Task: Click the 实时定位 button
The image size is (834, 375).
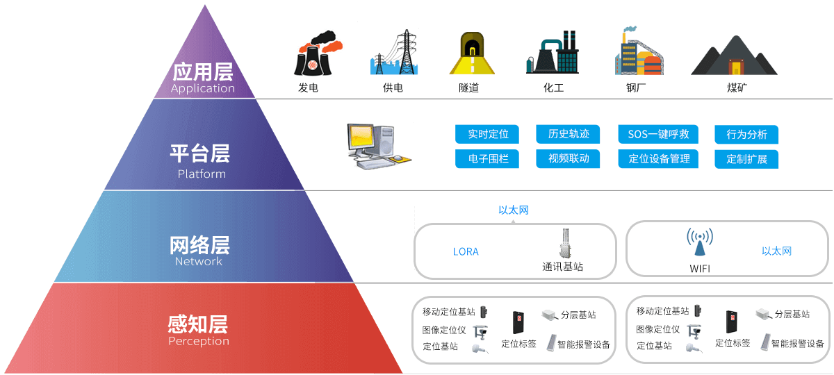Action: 488,134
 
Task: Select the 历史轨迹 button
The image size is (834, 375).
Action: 569,134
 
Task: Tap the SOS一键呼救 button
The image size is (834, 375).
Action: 658,134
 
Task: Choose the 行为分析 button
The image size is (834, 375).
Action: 746,134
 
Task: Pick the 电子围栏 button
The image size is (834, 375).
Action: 488,158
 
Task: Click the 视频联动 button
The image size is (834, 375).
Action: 569,158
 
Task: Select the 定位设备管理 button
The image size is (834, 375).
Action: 658,158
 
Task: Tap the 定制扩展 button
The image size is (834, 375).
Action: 746,158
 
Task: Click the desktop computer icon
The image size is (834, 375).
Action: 379,146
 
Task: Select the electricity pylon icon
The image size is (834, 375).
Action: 394,51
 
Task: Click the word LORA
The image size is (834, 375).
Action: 466,251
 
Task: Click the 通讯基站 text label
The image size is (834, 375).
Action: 562,267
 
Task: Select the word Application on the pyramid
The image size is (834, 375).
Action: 202,88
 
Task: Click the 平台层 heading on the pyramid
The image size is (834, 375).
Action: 199,153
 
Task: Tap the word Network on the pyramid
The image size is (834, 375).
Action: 199,261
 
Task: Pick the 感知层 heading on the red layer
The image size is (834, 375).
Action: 198,324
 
